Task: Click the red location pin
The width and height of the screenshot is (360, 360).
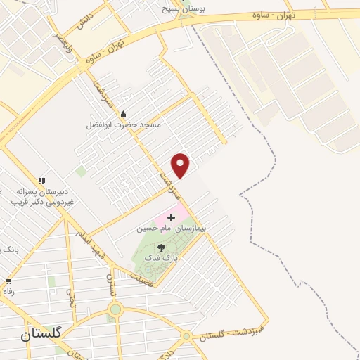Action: point(181,165)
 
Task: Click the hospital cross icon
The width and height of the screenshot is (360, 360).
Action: point(172,218)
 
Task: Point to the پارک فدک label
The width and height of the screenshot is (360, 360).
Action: point(161,259)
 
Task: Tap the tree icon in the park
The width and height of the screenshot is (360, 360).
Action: point(161,247)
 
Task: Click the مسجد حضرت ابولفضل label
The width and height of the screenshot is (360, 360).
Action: point(123,124)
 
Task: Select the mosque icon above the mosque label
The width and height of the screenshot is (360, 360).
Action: point(124,114)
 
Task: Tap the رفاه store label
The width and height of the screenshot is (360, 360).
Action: point(8,291)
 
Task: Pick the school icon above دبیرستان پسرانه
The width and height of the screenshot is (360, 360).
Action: point(41,181)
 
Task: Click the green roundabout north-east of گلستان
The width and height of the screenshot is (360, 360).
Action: point(115,309)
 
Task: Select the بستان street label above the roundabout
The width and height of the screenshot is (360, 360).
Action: point(110,284)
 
